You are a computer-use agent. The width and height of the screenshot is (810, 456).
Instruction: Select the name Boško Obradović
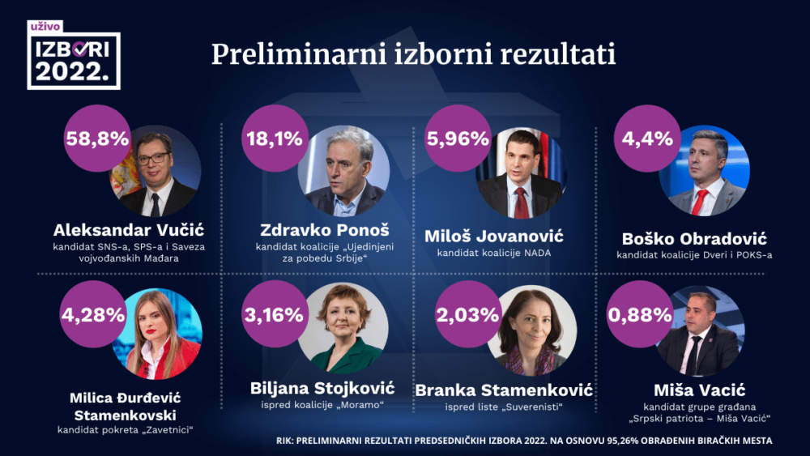[x=693, y=239]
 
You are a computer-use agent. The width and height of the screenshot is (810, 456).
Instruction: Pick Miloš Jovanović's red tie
[x=522, y=202]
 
